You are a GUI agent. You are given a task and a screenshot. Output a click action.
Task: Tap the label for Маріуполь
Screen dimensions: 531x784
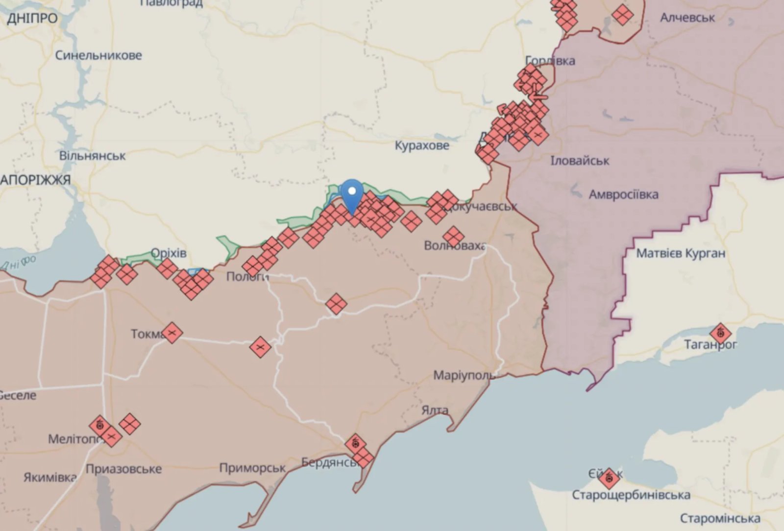[464, 376]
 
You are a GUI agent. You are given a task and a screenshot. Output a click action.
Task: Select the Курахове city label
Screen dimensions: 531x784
[422, 145]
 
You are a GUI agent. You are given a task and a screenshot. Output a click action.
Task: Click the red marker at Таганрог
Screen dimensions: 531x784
[720, 334]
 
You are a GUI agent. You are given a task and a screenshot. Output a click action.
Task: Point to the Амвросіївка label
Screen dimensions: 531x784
[623, 194]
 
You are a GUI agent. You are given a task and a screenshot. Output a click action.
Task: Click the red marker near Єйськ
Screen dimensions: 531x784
[609, 478]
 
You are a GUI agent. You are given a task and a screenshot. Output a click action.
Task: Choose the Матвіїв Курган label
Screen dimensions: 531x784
[681, 253]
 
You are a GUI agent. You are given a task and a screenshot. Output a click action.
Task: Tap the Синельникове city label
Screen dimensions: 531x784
[98, 55]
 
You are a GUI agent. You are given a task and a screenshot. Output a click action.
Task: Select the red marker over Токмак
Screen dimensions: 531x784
[171, 333]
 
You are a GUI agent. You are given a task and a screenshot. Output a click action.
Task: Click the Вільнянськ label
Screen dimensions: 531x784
[93, 156]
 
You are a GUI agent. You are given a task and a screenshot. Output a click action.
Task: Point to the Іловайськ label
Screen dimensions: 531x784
[580, 161]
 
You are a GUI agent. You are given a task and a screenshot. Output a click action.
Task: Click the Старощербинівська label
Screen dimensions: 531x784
[631, 495]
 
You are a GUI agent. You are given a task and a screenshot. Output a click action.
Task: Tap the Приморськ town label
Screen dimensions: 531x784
[252, 468]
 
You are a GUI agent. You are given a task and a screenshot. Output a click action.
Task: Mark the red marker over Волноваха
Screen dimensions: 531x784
[453, 237]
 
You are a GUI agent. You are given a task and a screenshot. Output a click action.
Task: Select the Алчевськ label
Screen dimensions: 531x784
[687, 18]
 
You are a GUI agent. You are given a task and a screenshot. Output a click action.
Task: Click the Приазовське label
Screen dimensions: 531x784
[123, 469]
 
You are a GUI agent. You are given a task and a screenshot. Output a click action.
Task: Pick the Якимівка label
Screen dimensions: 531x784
[49, 477]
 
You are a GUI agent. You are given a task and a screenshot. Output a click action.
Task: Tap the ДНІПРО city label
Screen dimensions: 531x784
[32, 19]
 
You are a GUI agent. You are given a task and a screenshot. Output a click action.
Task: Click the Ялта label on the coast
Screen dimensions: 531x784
[435, 410]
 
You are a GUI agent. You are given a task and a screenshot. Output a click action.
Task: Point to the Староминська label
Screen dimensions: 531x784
[720, 518]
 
